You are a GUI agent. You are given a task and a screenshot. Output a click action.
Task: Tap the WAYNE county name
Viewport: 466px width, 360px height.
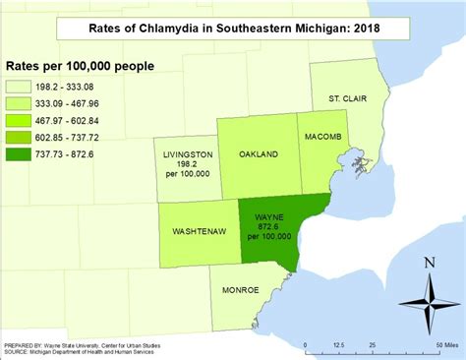(268, 217)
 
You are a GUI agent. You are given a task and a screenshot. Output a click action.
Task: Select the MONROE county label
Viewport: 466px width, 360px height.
(240, 290)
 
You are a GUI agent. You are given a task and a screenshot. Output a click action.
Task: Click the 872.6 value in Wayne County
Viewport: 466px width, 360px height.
(268, 227)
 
